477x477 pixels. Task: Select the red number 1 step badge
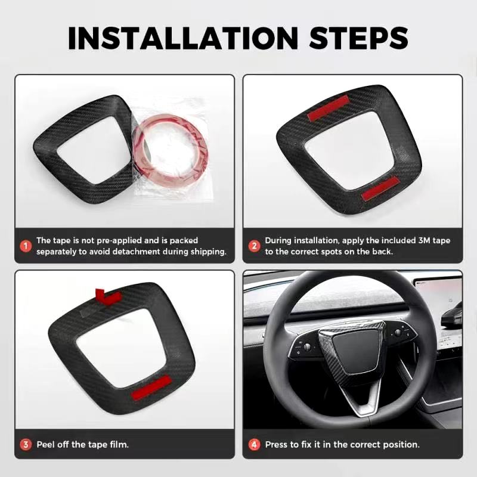pyautogui.click(x=26, y=246)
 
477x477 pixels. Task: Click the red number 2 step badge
pyautogui.click(x=254, y=246)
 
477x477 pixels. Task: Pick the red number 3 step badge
pyautogui.click(x=26, y=444)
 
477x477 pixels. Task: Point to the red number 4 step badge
pyautogui.click(x=254, y=444)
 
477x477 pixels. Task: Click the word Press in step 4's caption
pyautogui.click(x=277, y=445)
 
